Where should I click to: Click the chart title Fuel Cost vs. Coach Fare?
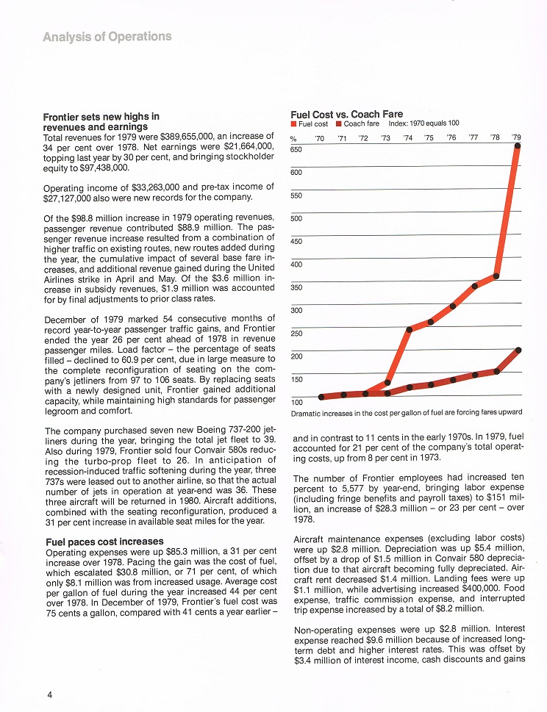[346, 114]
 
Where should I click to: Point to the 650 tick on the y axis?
[296, 149]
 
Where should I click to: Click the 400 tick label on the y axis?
[296, 265]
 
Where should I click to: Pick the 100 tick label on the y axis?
[296, 402]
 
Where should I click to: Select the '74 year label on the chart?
[408, 137]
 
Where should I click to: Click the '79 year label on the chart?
[516, 137]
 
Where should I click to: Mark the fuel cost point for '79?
[518, 146]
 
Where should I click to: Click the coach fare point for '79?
[519, 350]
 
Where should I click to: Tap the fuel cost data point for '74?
[409, 328]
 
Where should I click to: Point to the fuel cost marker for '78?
[496, 276]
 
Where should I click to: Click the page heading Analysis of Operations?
[107, 36]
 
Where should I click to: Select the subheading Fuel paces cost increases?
[99, 542]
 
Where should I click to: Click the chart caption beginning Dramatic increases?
[407, 414]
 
